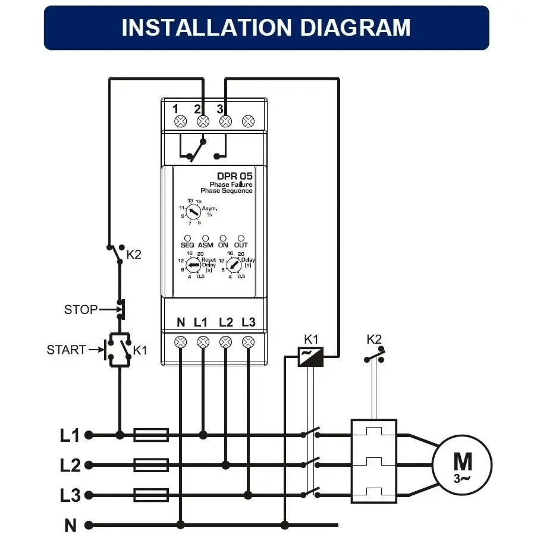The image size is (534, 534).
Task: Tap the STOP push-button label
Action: coord(80,310)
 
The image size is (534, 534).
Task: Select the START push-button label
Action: coord(66,350)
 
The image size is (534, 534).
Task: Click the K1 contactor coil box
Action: coord(310,356)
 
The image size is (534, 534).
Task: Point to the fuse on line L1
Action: coord(151,435)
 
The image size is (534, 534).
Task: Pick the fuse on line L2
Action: coord(151,464)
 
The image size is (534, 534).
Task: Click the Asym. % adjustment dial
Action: coord(192,212)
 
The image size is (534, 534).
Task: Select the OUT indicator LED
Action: coord(241,238)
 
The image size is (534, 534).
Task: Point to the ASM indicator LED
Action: coord(205,238)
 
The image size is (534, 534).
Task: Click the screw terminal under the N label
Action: coord(181,342)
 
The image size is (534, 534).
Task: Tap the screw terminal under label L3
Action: coord(249,342)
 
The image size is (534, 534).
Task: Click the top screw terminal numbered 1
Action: coord(181,121)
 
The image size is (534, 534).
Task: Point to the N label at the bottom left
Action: coord(71,525)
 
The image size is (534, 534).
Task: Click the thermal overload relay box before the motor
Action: coord(373,461)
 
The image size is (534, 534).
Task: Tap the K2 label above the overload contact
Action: coord(374,340)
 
